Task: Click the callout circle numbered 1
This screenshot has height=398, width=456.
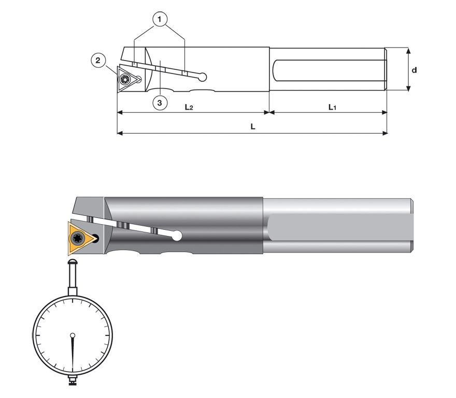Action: [160, 19]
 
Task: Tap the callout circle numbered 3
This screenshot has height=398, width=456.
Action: [160, 102]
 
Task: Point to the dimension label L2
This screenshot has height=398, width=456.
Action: [189, 107]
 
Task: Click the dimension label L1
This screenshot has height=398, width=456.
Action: [332, 107]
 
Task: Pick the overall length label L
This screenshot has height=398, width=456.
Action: [253, 127]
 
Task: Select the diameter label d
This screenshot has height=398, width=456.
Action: [414, 69]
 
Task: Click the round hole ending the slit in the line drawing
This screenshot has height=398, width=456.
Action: [203, 77]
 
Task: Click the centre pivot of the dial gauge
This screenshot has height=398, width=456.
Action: [73, 335]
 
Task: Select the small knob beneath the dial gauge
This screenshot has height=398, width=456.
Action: [73, 382]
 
